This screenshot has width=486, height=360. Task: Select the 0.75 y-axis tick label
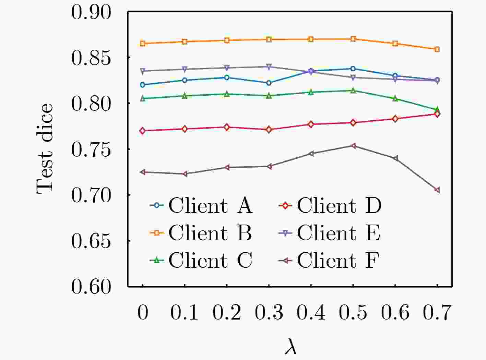point(91,150)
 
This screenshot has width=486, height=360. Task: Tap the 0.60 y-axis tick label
point(91,287)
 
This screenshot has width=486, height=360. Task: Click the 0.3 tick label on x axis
point(269,313)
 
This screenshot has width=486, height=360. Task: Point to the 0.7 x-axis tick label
point(437,313)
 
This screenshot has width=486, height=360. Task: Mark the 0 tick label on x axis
point(143,313)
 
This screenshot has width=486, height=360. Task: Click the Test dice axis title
point(45,149)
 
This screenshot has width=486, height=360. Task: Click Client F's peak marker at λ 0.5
point(353,146)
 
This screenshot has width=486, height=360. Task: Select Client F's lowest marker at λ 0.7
point(437,190)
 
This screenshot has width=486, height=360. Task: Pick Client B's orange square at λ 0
point(143,43)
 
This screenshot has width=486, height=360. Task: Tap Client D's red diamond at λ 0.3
point(269,130)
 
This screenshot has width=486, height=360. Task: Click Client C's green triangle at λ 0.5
point(353,91)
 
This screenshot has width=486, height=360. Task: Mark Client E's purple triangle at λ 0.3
point(269,67)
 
